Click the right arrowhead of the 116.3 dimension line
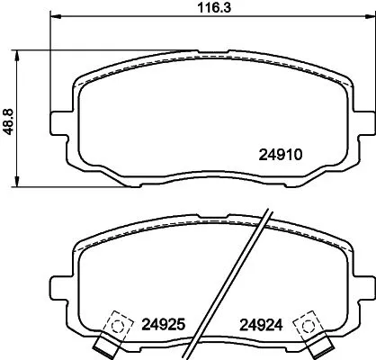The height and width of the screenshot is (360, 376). tap(371, 17)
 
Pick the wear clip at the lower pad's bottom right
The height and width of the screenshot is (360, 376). tap(317, 346)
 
